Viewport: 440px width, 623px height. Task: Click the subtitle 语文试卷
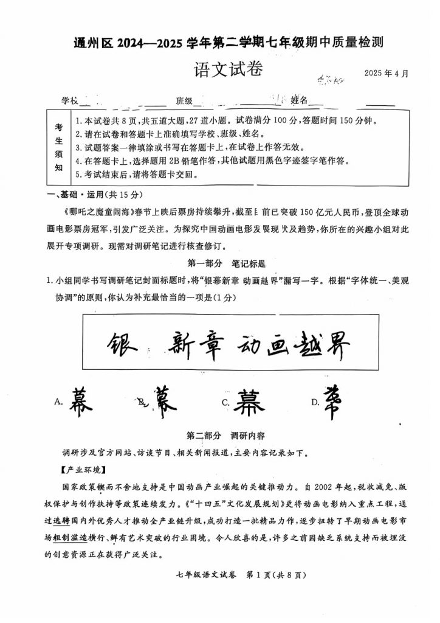pyautogui.click(x=228, y=69)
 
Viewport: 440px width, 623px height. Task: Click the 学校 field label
pyautogui.click(x=69, y=100)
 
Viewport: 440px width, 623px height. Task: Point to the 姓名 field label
pyautogui.click(x=299, y=100)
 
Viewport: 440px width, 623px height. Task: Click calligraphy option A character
pyautogui.click(x=77, y=400)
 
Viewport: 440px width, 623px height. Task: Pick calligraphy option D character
pyautogui.click(x=332, y=402)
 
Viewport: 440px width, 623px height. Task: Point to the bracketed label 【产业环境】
pyautogui.click(x=83, y=470)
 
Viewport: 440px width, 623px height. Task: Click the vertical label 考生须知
pyautogui.click(x=59, y=147)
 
